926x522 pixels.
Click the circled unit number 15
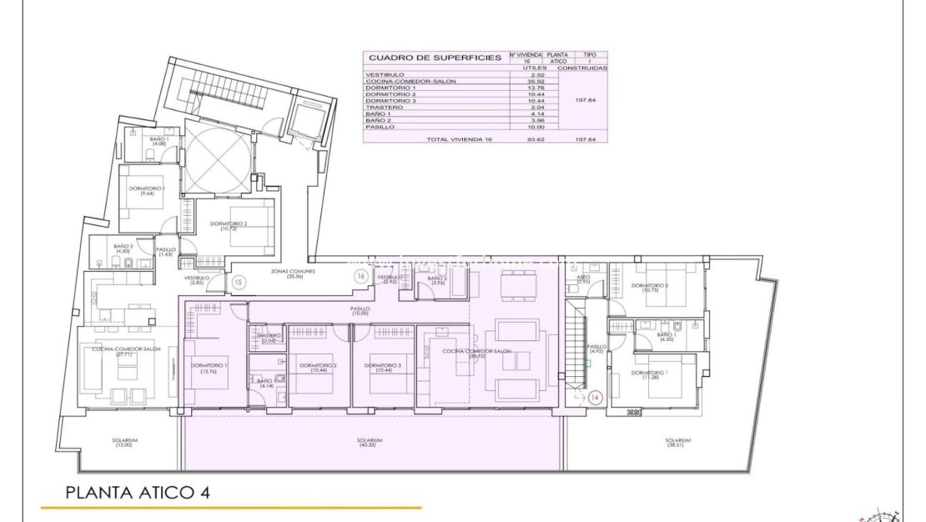239,281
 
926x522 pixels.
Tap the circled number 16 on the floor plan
361,275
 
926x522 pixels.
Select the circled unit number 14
595,398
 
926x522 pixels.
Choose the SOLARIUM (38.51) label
678,442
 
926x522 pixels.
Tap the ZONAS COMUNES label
286,274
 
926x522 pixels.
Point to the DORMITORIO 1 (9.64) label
143,190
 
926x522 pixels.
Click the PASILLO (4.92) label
596,349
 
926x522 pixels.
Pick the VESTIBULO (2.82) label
197,280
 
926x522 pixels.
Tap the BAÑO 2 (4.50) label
124,248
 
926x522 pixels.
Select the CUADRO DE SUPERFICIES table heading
435,58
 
